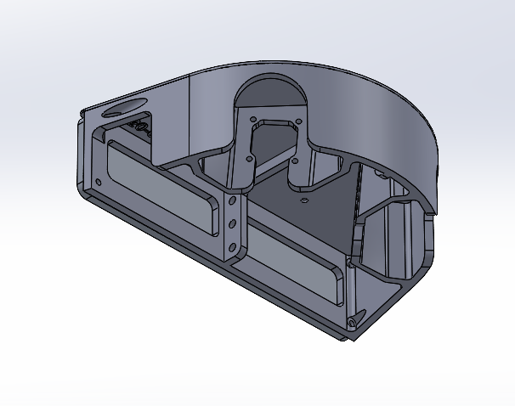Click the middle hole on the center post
(x=231, y=224)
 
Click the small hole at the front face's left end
(x=99, y=181)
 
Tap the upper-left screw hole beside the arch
(x=255, y=120)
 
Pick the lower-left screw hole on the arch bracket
(x=248, y=157)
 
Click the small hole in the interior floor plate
(x=304, y=200)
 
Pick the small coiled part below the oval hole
(x=141, y=127)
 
